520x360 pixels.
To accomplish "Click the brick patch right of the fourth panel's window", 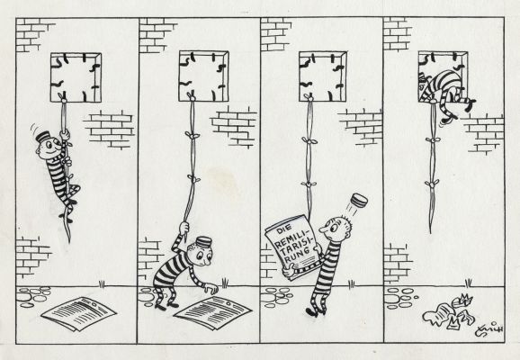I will click(483, 131).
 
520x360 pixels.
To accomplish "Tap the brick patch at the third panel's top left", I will click(275, 33).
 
